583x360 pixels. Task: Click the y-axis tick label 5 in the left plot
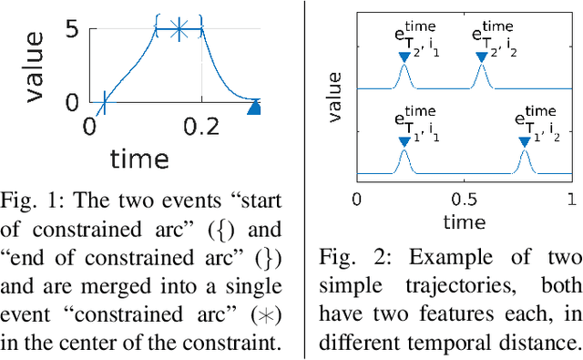tap(71, 31)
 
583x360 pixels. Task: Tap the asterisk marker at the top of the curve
tap(179, 31)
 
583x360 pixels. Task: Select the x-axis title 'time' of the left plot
tap(139, 159)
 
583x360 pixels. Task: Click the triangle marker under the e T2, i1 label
tap(404, 57)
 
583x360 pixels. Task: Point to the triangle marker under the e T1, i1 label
tap(404, 140)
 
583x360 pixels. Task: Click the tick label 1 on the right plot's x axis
tap(570, 200)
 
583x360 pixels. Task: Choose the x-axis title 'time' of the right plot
tap(464, 221)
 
